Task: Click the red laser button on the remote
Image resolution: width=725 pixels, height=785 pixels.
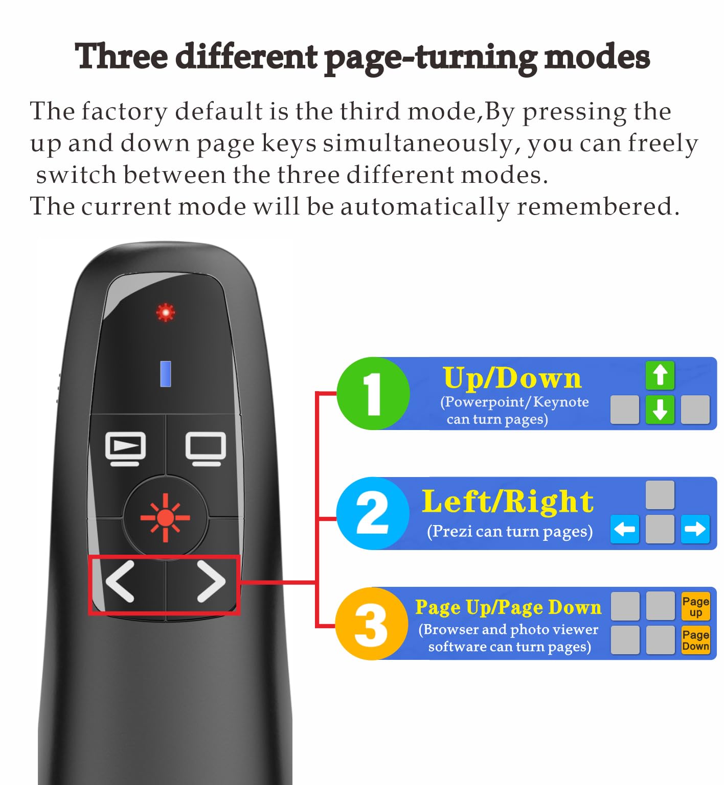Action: pos(165,517)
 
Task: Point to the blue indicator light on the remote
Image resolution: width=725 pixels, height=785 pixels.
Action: pos(166,373)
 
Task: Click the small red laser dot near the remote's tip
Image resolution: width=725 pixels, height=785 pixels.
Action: pos(165,312)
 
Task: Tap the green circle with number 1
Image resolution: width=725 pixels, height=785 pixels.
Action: pos(373,393)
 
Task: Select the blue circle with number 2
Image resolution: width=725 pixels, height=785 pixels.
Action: pos(373,513)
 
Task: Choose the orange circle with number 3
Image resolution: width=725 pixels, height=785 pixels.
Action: pos(372,624)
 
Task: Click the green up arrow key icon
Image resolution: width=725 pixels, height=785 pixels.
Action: pos(660,375)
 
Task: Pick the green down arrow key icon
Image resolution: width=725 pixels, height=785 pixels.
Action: pos(660,410)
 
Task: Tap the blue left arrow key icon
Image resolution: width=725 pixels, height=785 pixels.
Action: pos(625,529)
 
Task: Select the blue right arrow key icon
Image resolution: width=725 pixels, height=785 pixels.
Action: pos(695,529)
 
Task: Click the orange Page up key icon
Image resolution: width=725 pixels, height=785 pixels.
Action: pos(696,606)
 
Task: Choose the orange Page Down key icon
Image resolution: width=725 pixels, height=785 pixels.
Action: pos(696,640)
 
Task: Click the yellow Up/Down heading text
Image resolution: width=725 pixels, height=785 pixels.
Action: pos(512,378)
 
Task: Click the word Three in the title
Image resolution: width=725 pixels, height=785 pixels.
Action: pos(121,56)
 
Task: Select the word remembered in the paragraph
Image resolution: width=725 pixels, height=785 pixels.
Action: pos(598,206)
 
